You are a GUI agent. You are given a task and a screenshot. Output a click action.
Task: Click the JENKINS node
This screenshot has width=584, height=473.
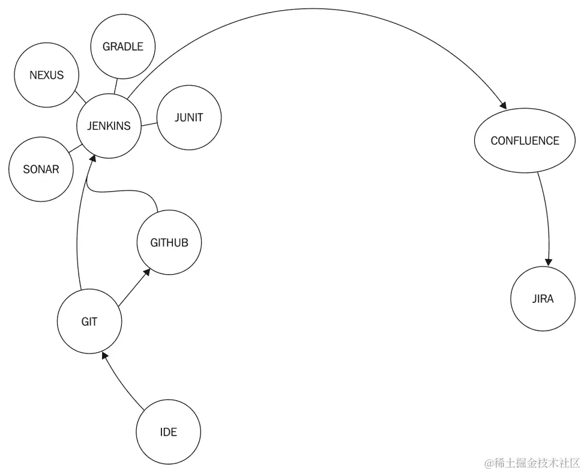[109, 126]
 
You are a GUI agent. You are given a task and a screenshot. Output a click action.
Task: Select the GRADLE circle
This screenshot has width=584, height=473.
[122, 47]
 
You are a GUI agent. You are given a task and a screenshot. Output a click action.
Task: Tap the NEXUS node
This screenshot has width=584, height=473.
[46, 76]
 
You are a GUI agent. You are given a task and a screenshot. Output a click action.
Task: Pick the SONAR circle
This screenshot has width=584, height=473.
[41, 169]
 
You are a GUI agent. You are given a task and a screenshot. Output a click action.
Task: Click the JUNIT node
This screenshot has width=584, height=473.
[188, 118]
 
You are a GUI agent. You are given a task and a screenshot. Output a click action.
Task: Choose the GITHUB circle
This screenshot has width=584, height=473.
[169, 243]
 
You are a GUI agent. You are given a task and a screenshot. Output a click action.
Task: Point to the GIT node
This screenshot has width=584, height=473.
[89, 322]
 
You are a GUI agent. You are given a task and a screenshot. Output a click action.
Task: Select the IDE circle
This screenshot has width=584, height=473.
[168, 432]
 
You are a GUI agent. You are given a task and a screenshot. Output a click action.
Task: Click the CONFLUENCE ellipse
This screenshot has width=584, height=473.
[525, 141]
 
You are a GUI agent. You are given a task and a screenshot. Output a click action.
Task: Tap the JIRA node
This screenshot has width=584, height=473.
[543, 299]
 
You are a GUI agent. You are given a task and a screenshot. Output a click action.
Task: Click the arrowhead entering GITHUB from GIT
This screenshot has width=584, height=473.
[146, 273]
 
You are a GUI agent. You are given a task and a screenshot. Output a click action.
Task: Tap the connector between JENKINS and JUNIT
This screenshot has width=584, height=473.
[148, 124]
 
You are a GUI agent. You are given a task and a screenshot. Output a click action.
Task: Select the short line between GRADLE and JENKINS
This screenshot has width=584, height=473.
[117, 87]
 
